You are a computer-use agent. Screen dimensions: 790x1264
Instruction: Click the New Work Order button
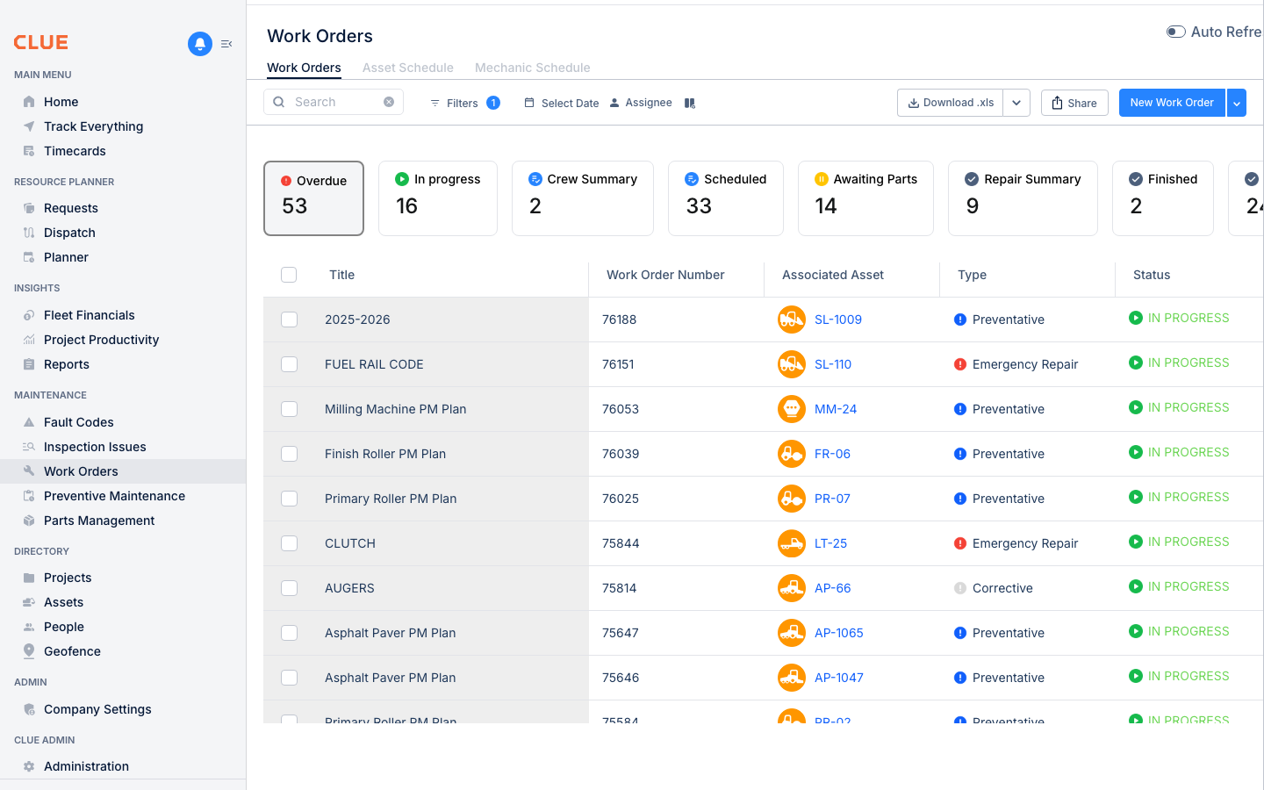pos(1171,103)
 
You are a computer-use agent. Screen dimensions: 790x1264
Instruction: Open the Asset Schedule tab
pos(407,68)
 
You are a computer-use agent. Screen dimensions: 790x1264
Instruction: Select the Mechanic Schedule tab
pos(532,68)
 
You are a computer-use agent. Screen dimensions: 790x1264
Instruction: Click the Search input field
pos(334,102)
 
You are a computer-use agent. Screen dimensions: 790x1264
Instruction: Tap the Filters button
pos(463,103)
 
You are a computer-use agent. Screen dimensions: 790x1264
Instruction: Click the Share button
pos(1074,103)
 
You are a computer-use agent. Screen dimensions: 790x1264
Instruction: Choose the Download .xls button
pos(951,103)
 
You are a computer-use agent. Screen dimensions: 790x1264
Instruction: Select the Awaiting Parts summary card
pos(865,197)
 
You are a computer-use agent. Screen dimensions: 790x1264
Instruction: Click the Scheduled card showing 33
pos(725,197)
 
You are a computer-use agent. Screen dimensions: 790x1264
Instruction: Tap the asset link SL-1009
pos(837,320)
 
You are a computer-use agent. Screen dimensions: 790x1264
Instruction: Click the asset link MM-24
pos(835,409)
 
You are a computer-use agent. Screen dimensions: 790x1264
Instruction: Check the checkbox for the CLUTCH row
pos(289,543)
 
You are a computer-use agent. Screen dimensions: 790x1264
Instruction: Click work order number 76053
pos(621,409)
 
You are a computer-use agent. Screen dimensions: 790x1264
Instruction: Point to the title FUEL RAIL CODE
pos(374,364)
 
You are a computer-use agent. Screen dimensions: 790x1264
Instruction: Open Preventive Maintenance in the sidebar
pos(114,496)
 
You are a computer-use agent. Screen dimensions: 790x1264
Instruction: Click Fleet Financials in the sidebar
pos(90,315)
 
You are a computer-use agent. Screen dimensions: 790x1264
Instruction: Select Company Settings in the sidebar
pos(97,709)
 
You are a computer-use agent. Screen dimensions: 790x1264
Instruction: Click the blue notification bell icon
pos(200,43)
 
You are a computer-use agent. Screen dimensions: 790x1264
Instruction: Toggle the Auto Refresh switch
pos(1175,32)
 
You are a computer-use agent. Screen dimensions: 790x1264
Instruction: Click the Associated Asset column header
pos(832,275)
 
